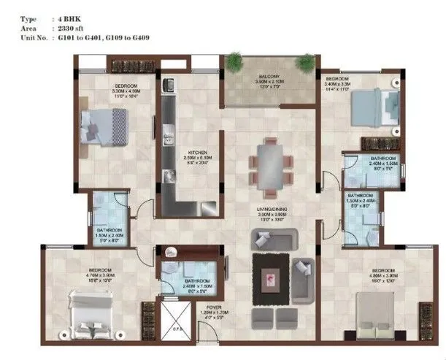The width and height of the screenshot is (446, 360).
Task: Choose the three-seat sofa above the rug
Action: (273, 239)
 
